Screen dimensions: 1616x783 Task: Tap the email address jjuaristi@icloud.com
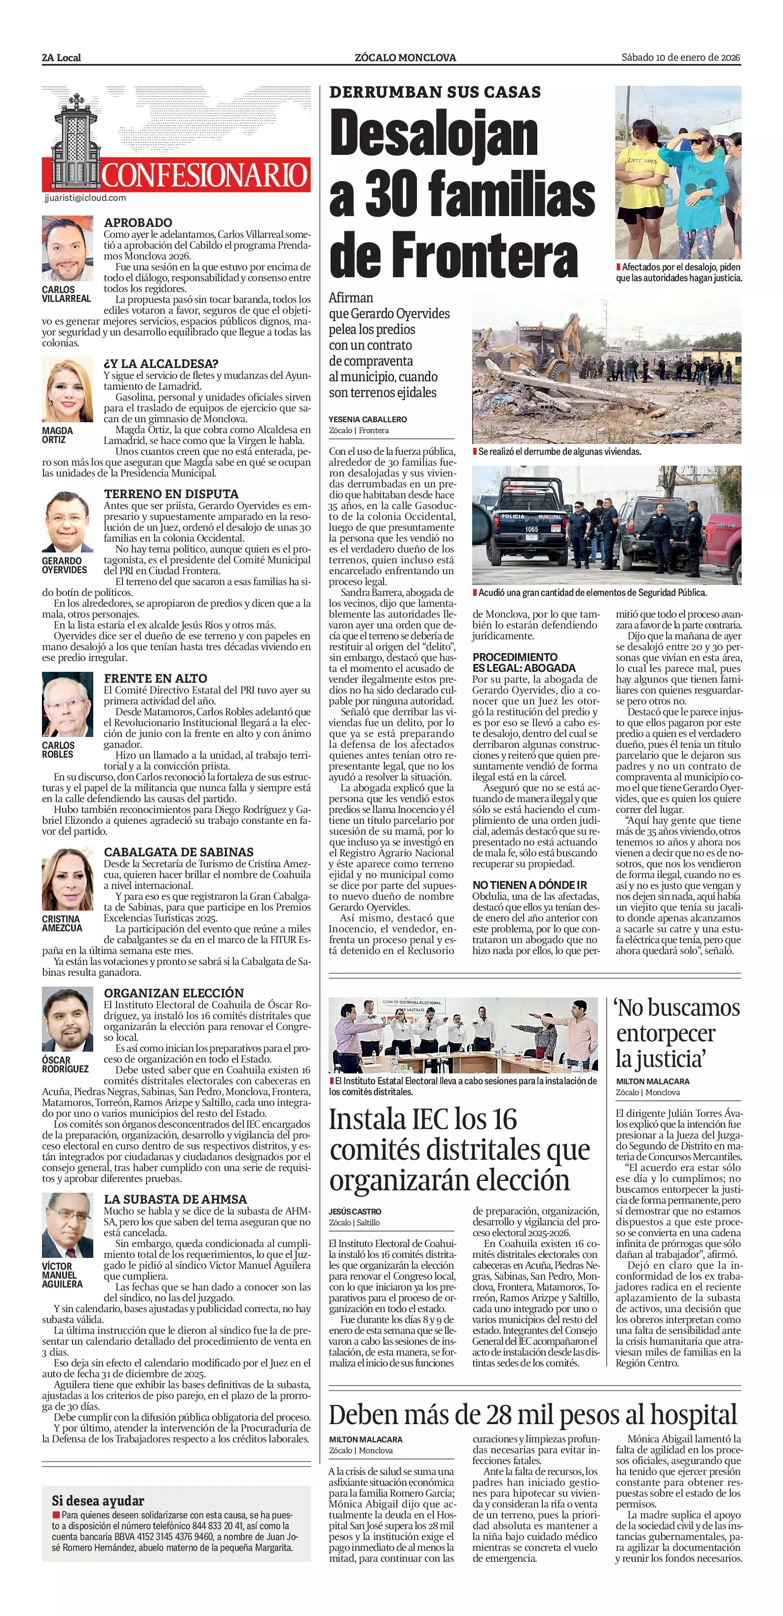click(85, 198)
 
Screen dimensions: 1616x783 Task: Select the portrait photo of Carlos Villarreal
click(67, 249)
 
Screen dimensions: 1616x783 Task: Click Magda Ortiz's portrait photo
click(67, 390)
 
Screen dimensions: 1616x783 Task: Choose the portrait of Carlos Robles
click(67, 706)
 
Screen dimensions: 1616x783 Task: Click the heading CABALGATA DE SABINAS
click(179, 852)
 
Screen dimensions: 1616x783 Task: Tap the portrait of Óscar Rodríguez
click(67, 1021)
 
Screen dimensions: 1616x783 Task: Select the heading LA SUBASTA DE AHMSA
click(175, 1199)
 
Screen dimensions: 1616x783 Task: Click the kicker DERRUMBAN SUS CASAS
click(435, 92)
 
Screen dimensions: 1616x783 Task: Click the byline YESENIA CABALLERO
click(368, 419)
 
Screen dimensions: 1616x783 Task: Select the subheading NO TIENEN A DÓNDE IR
click(529, 885)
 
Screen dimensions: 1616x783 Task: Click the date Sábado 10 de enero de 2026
click(681, 57)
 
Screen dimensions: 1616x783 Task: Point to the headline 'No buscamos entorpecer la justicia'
click(677, 1033)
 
